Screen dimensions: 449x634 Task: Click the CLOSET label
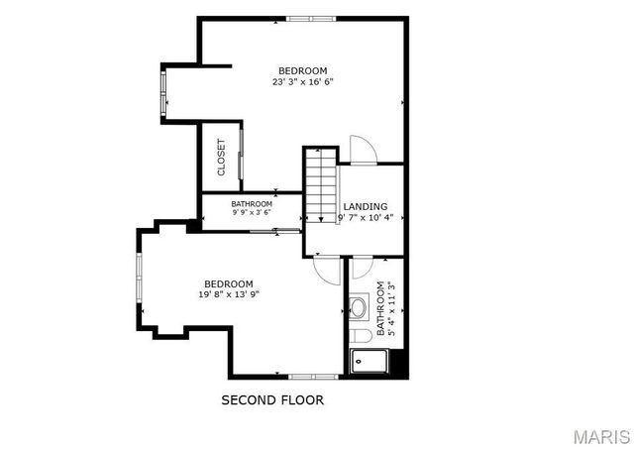221,157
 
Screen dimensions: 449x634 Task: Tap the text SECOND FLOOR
271,400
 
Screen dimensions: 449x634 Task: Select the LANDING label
366,206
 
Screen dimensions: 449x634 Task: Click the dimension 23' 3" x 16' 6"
302,82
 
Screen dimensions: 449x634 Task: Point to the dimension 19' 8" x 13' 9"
229,294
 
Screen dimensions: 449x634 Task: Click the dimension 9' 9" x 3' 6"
252,212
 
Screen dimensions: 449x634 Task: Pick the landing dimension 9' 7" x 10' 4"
366,218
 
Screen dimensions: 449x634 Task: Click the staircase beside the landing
321,184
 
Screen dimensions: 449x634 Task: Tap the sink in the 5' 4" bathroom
358,308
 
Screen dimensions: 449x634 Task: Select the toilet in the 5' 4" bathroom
359,336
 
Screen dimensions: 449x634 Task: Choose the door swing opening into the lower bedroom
327,267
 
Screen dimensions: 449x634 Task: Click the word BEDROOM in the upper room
302,70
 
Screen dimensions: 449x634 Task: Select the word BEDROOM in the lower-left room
229,282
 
